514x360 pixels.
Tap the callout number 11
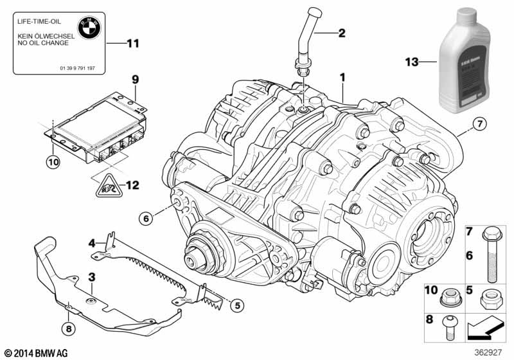click(132, 44)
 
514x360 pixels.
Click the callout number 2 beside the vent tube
click(341, 32)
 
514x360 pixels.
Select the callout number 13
click(411, 62)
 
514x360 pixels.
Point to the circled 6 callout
click(146, 219)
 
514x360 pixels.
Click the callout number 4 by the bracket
click(92, 242)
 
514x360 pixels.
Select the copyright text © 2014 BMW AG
click(35, 352)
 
